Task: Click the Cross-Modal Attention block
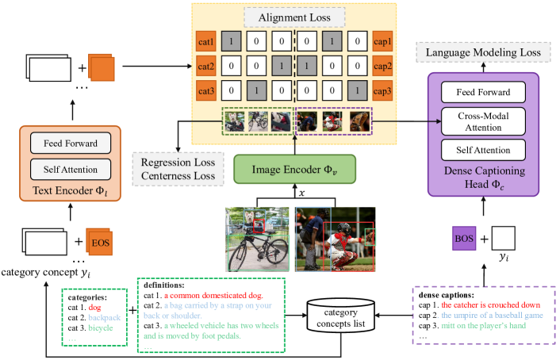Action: pyautogui.click(x=482, y=121)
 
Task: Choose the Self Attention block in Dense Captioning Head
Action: pyautogui.click(x=482, y=150)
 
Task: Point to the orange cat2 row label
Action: pyautogui.click(x=206, y=67)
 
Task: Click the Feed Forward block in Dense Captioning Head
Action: pyautogui.click(x=482, y=92)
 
